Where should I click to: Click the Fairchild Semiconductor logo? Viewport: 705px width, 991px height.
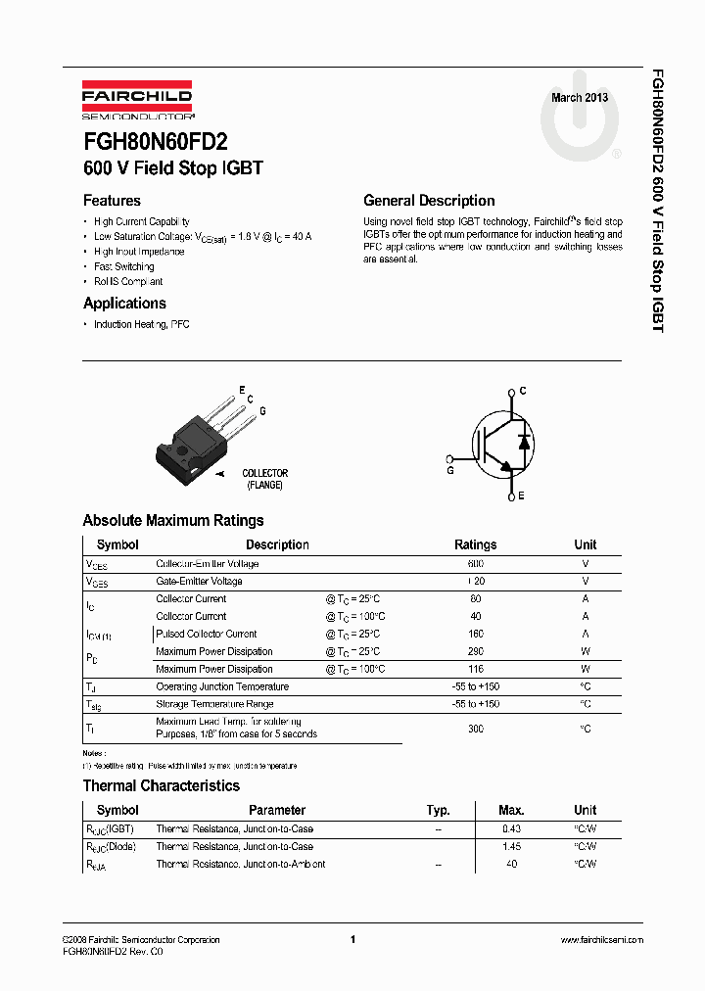tap(137, 102)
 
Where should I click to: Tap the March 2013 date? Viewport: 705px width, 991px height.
tap(580, 98)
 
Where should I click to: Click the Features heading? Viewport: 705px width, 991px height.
tap(112, 201)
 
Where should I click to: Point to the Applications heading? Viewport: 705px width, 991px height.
tap(124, 304)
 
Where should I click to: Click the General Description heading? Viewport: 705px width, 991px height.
tap(429, 201)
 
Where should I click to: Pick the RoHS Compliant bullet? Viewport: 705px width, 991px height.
tap(128, 282)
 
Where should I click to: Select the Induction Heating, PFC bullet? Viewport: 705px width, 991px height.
tap(141, 324)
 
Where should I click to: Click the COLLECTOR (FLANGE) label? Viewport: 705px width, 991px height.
tap(264, 479)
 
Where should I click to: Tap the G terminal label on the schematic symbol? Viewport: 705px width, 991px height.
tap(449, 470)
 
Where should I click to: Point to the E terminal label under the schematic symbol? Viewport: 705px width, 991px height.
tap(521, 496)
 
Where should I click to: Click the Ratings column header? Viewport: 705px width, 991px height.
tap(476, 545)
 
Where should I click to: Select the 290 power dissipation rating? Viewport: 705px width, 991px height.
tap(476, 652)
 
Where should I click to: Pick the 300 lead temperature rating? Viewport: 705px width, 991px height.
tap(476, 729)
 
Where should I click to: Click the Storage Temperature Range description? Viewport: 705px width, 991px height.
tap(214, 704)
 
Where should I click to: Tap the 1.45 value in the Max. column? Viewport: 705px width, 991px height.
tap(511, 847)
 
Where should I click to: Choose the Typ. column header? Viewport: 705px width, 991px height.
tap(438, 811)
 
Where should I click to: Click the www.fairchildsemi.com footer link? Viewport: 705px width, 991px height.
tap(601, 940)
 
